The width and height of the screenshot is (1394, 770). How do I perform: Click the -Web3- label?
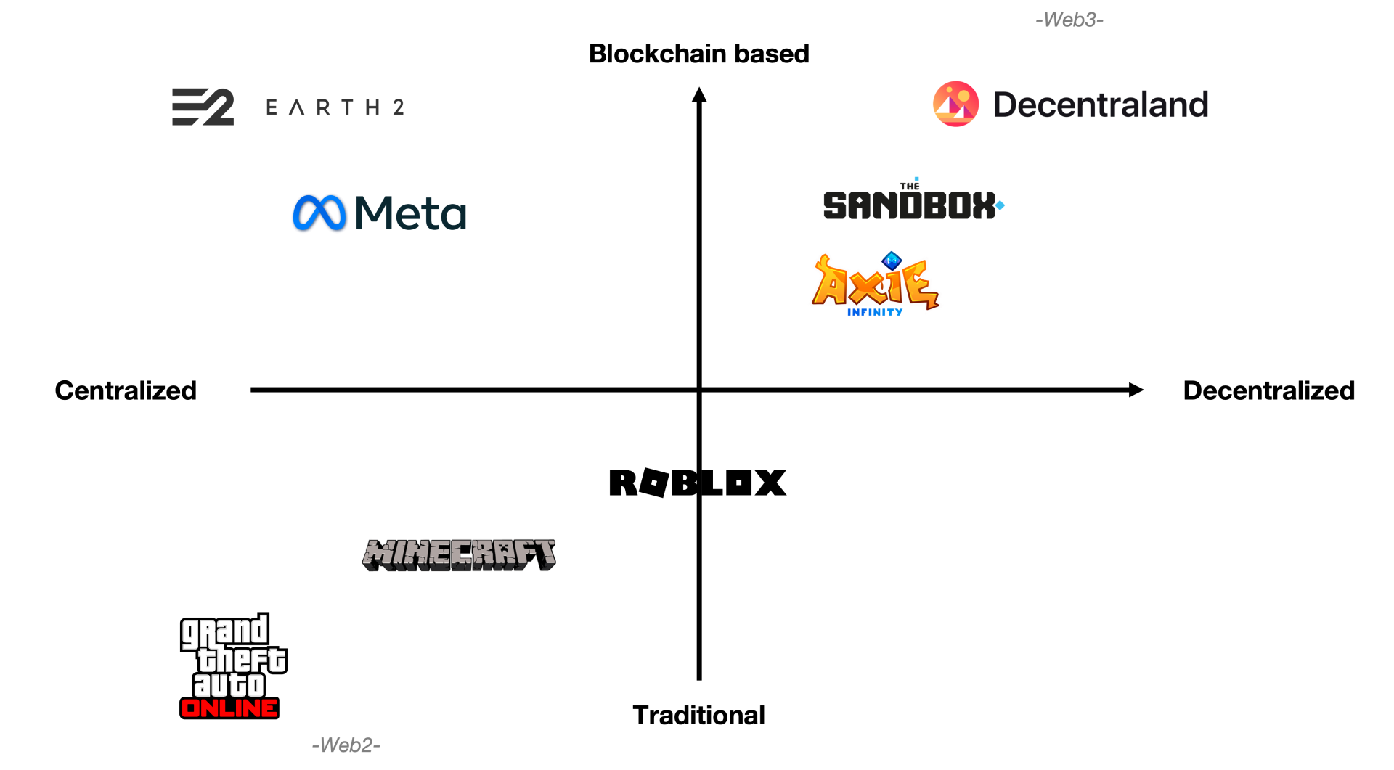[x=1069, y=20]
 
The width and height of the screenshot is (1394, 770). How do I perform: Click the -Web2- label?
[x=346, y=745]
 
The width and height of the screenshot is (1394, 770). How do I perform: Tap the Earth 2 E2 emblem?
[x=203, y=107]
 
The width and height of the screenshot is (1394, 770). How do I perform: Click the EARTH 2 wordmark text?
[x=335, y=107]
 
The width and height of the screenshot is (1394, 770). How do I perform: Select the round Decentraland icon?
[x=955, y=104]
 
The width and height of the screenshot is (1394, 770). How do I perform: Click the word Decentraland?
[x=1100, y=105]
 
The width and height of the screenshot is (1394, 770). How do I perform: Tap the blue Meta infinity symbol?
[x=319, y=213]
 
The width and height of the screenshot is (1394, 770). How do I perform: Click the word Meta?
[x=410, y=214]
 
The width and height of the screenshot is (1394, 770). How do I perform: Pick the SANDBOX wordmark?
[x=908, y=206]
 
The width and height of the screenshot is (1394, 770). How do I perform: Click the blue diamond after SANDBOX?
[x=1000, y=205]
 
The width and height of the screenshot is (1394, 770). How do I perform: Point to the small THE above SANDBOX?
[x=910, y=187]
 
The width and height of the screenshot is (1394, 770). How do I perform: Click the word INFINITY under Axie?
[x=875, y=313]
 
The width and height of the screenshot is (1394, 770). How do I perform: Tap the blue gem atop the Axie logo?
[x=892, y=260]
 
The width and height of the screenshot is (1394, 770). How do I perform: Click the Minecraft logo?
[x=460, y=554]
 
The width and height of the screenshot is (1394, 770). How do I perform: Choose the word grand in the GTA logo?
[x=224, y=632]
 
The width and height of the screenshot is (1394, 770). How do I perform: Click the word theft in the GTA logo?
[x=242, y=660]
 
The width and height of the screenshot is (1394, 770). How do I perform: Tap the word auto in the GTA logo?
[x=229, y=685]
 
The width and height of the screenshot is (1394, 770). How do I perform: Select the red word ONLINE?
[x=229, y=708]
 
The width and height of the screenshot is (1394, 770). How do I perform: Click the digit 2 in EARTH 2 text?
[x=399, y=107]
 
